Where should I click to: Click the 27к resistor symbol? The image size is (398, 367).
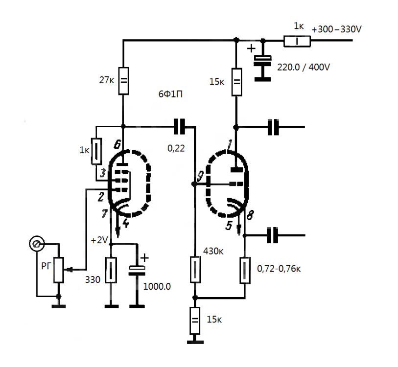(x=124, y=80)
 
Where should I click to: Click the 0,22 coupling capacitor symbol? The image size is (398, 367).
(x=180, y=127)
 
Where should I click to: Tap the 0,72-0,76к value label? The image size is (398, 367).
(x=279, y=269)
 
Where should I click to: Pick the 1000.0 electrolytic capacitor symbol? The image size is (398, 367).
(x=137, y=270)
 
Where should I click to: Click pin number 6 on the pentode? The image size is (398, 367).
(x=117, y=144)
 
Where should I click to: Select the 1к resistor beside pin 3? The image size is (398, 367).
(x=97, y=152)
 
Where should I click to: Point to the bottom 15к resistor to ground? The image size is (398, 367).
(x=195, y=320)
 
